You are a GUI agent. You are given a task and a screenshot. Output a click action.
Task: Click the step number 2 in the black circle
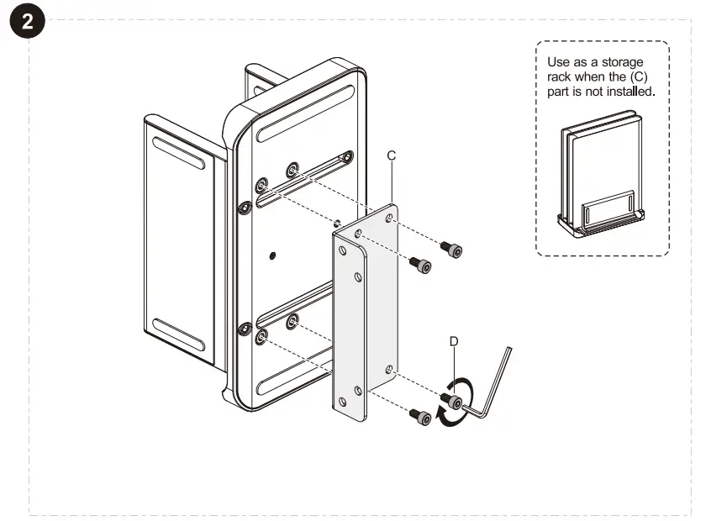click(28, 23)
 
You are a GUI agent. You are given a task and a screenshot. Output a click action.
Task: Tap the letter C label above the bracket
click(391, 156)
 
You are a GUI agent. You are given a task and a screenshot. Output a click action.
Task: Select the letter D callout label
click(454, 342)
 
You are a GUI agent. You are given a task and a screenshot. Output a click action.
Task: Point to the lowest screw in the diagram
click(420, 415)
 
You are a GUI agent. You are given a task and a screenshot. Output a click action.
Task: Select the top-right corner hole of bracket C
click(388, 218)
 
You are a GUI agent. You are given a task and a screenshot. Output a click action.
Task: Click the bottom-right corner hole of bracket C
click(388, 369)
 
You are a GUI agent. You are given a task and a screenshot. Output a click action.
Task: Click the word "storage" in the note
click(623, 62)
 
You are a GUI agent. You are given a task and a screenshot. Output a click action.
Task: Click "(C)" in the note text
click(644, 76)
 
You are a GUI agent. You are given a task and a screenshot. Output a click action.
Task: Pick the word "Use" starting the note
click(558, 62)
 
